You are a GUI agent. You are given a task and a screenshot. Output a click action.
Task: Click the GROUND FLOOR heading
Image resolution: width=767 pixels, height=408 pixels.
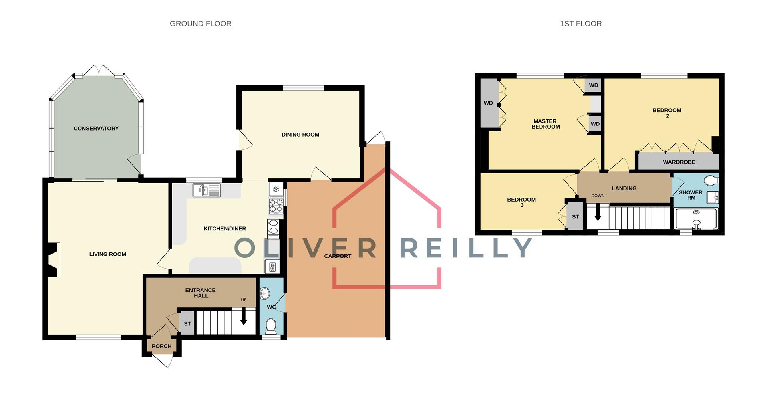(x=201, y=24)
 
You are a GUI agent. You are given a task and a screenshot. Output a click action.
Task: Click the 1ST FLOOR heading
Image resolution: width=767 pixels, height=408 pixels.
(x=580, y=24)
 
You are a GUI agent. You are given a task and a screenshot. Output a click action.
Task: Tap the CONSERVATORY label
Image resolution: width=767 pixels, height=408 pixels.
(x=96, y=129)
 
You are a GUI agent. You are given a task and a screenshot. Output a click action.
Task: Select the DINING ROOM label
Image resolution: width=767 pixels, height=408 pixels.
(x=300, y=135)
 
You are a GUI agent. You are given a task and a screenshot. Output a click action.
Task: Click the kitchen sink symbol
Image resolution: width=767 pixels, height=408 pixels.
(x=206, y=190)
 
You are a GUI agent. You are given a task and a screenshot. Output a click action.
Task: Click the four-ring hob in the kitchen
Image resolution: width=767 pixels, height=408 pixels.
(x=276, y=206)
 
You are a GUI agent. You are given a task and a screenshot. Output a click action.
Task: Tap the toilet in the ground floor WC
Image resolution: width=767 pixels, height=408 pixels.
(x=271, y=326)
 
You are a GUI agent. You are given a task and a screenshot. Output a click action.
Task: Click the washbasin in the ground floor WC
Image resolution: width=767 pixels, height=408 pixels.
(x=265, y=294)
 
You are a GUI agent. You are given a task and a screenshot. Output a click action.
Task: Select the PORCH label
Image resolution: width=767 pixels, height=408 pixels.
(x=161, y=346)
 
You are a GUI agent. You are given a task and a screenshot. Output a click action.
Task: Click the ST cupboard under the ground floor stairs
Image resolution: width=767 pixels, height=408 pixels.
(x=187, y=324)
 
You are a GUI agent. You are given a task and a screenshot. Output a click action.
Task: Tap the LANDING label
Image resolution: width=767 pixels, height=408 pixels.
(x=624, y=188)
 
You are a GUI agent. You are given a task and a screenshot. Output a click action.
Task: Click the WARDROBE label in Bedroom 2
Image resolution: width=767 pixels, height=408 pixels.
(x=679, y=162)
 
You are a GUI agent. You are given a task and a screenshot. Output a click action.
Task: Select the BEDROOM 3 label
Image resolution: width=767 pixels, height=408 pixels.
(x=521, y=202)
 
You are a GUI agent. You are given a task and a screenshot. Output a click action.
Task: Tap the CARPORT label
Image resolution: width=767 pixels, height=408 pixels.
(x=338, y=256)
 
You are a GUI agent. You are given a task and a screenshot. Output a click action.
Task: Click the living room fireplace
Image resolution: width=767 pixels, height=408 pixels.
(x=53, y=259)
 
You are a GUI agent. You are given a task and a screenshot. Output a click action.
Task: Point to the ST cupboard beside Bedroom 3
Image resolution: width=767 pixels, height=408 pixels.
(x=575, y=217)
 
